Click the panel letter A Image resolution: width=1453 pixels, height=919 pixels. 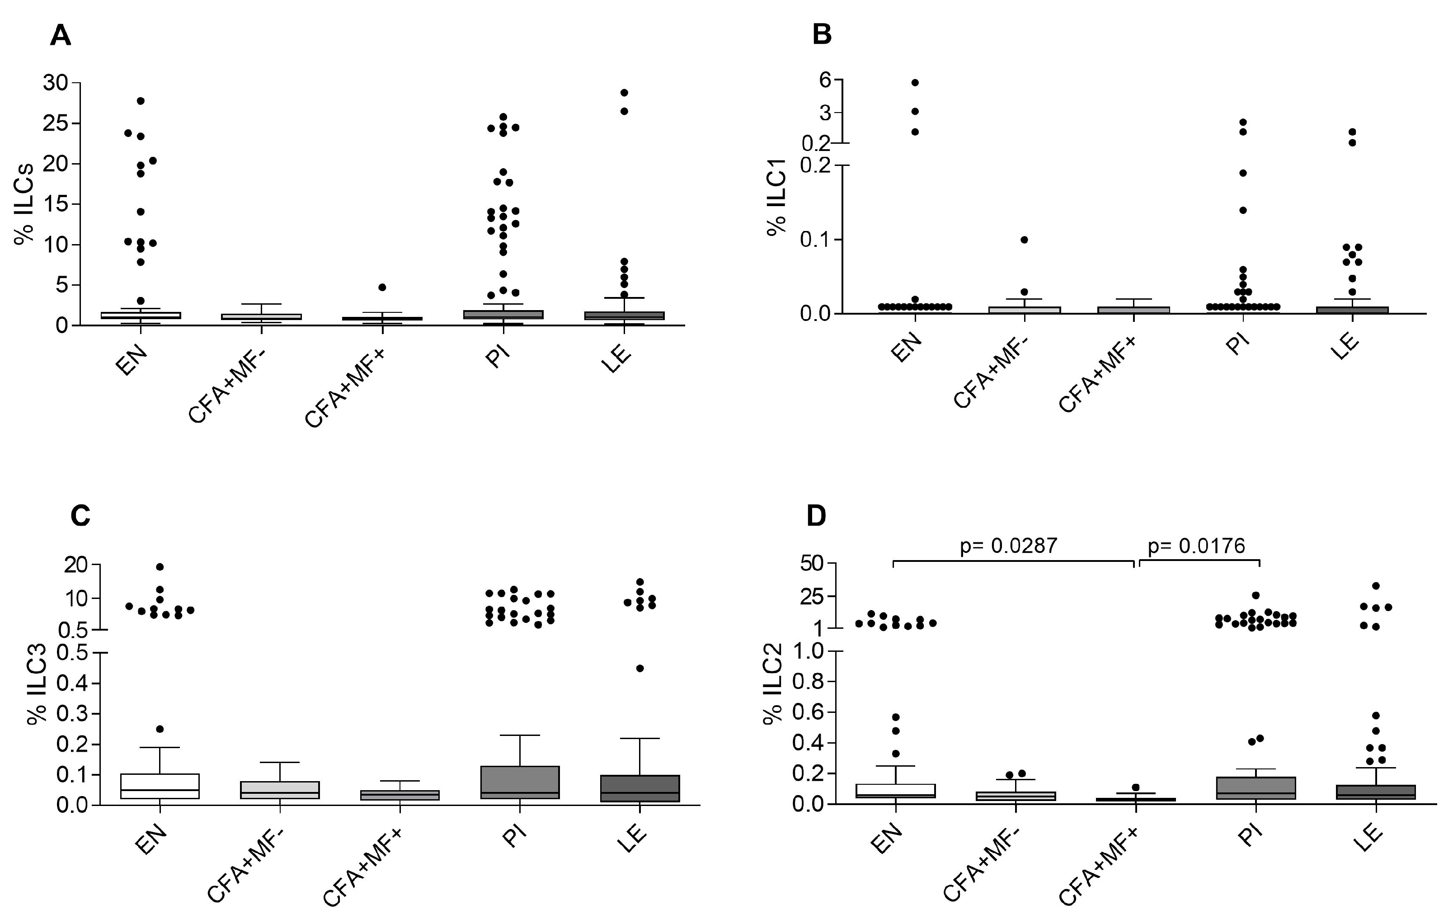(61, 36)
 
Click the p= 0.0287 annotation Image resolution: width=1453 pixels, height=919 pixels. (1009, 546)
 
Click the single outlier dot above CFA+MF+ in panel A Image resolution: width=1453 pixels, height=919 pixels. (382, 287)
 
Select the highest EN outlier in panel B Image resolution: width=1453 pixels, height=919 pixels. (915, 82)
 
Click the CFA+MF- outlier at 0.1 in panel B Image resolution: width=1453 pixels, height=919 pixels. (1024, 240)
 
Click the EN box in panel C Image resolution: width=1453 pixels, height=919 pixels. (160, 786)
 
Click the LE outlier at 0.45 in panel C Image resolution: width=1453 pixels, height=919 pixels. (640, 668)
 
